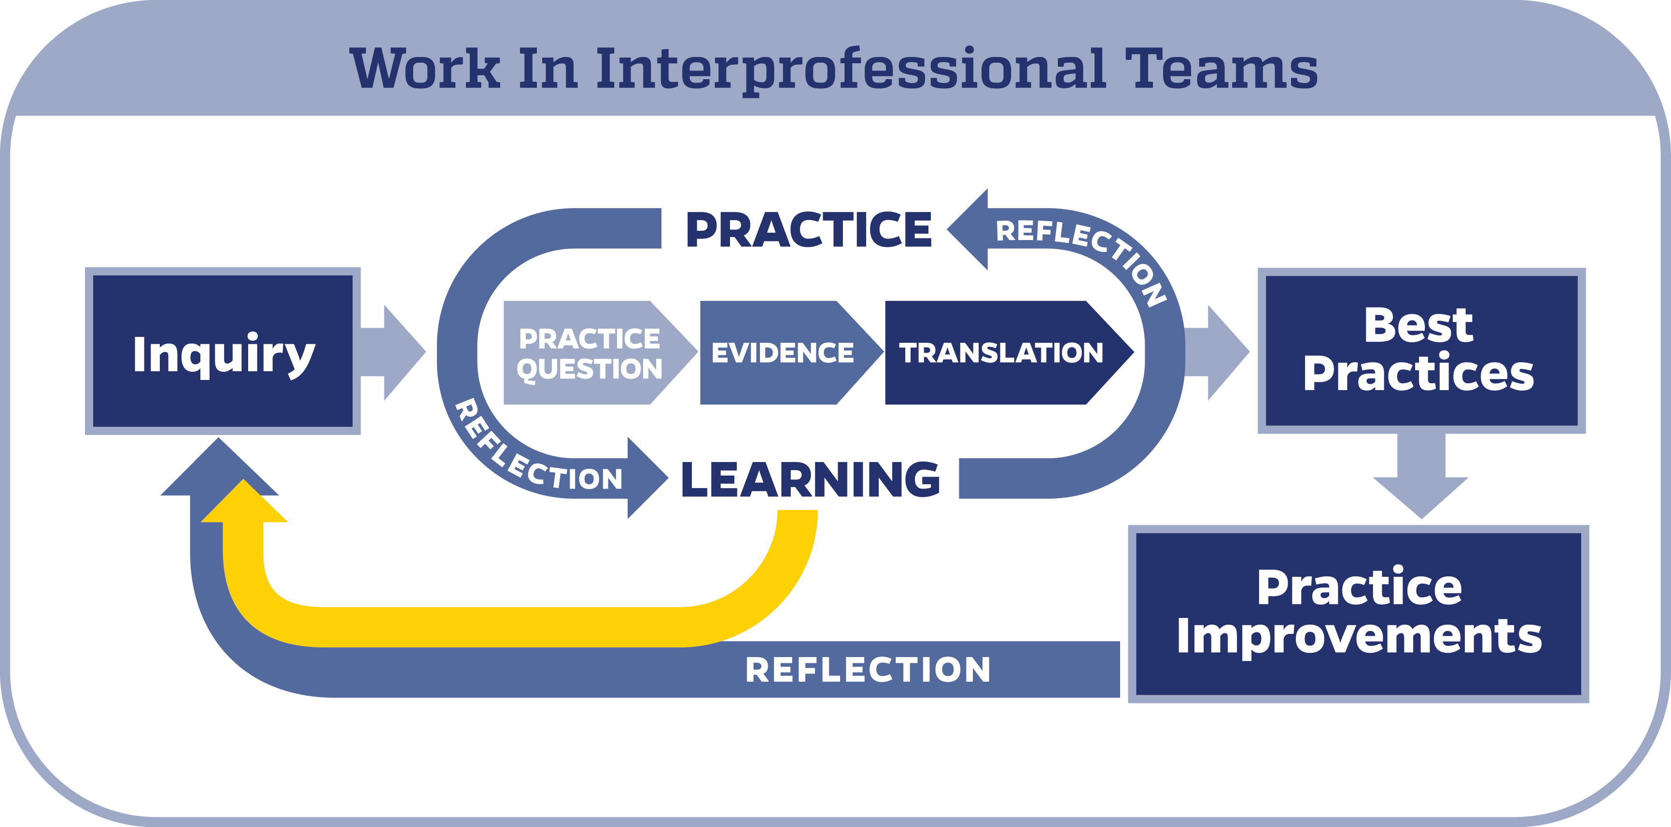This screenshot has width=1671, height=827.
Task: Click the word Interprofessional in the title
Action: [850, 70]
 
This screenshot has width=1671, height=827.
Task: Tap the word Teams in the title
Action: [1222, 68]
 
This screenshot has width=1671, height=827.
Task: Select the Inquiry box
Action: [223, 351]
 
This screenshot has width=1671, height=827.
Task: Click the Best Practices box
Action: [1421, 351]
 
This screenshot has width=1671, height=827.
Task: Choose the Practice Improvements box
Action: [1358, 614]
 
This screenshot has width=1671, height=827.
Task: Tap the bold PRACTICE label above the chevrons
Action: [809, 230]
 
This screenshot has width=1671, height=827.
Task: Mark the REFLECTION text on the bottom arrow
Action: [868, 670]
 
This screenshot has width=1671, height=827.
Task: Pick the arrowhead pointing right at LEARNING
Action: [648, 478]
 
